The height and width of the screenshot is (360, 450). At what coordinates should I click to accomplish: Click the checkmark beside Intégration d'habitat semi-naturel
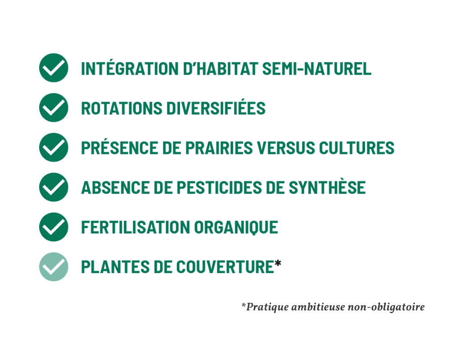tap(54, 68)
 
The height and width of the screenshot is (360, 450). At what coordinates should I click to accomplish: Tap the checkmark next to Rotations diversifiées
tap(54, 108)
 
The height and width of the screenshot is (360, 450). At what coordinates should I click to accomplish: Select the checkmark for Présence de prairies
tap(54, 147)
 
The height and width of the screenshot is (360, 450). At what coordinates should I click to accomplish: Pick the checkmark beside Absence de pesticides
tap(54, 187)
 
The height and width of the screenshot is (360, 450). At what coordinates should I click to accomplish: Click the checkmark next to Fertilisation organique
tap(54, 227)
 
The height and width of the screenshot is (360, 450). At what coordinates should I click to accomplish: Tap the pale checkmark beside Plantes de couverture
tap(54, 267)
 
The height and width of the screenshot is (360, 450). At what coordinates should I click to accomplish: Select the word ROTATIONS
tap(121, 108)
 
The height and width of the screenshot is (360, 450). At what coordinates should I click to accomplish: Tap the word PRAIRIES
tap(219, 148)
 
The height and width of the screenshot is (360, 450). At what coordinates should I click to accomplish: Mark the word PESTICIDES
tap(219, 188)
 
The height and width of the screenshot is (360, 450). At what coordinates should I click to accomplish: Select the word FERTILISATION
tap(135, 228)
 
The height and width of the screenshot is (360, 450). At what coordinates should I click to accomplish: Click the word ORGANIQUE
tap(236, 228)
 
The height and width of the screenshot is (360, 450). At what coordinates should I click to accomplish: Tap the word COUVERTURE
tap(225, 268)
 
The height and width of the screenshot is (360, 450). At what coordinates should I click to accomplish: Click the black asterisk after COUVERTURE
tap(278, 264)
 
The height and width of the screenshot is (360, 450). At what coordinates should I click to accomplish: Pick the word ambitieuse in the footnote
tap(318, 307)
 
